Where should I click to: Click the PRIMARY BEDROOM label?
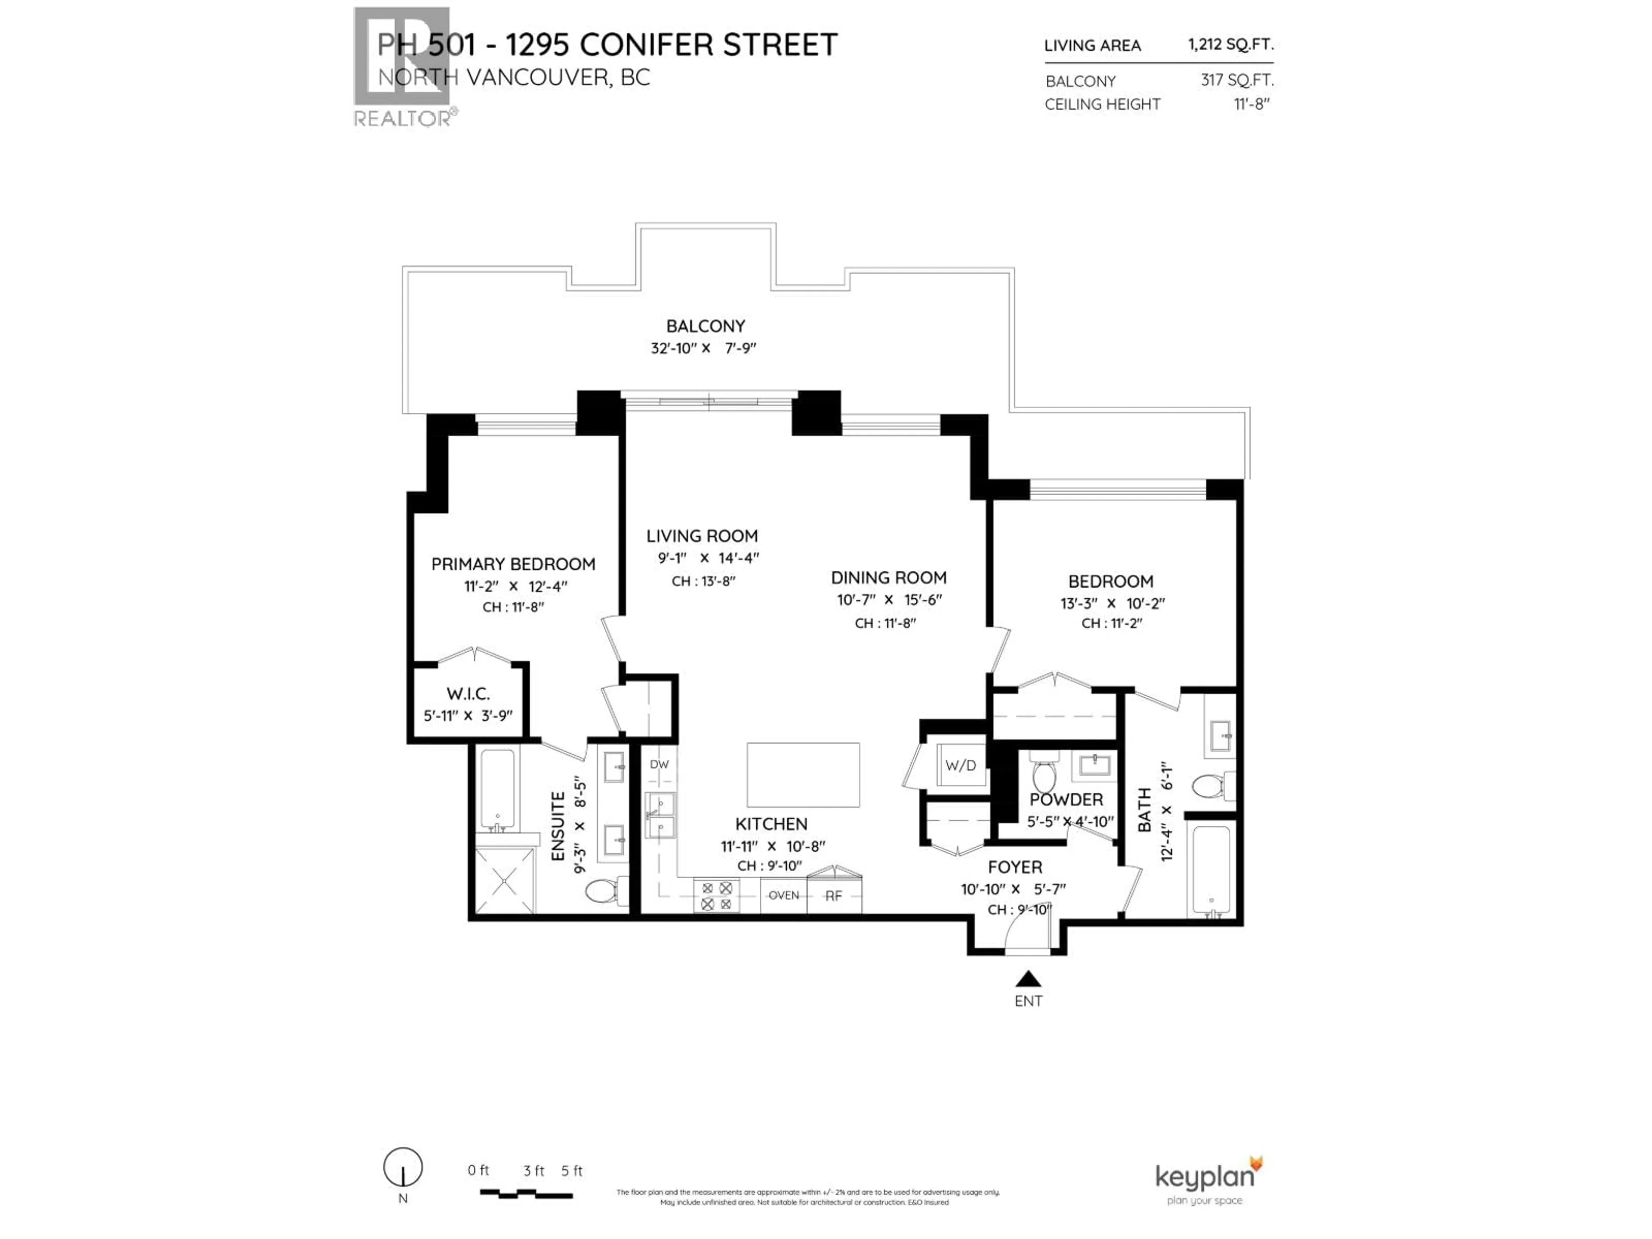point(513,564)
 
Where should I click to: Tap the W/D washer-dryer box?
point(960,765)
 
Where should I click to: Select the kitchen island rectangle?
point(803,774)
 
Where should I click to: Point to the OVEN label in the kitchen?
point(783,895)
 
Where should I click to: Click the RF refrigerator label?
point(833,895)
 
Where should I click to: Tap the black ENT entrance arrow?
point(1028,978)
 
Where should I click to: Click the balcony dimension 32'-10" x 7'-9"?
point(703,348)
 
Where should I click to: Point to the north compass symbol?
point(403,1167)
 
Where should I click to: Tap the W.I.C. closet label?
point(468,694)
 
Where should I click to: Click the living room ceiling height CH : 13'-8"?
point(703,581)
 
